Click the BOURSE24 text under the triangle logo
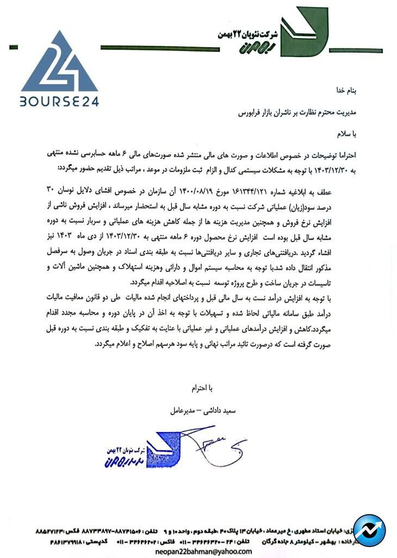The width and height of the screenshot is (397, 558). tap(60, 101)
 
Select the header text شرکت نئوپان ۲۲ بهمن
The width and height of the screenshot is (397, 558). tap(247, 34)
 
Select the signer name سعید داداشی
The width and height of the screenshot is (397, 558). tap(217, 411)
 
